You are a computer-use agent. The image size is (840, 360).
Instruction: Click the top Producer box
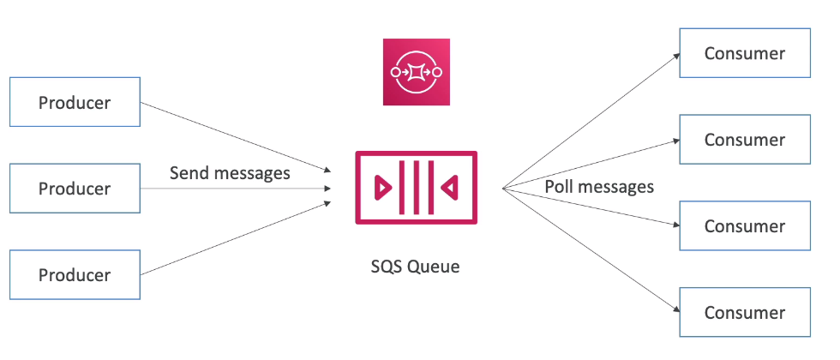tap(75, 103)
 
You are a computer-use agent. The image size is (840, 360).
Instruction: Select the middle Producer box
tap(75, 189)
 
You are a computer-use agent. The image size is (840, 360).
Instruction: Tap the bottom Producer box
tap(75, 275)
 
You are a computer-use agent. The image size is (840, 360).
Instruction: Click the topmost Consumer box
tap(744, 53)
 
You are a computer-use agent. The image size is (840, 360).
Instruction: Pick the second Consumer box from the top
tap(744, 140)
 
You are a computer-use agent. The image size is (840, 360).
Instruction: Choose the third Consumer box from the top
tap(744, 226)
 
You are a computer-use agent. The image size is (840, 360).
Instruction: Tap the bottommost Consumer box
tap(744, 313)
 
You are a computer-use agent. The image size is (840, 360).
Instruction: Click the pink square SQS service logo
tap(417, 72)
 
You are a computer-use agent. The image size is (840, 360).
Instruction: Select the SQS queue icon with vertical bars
tap(417, 187)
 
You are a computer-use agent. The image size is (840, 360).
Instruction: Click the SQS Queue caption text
tap(417, 267)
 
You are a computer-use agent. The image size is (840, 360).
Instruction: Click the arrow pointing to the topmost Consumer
tap(591, 120)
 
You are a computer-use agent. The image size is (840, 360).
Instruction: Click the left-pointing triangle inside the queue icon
tap(449, 187)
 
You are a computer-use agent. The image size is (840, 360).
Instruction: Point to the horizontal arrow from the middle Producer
tap(236, 189)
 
